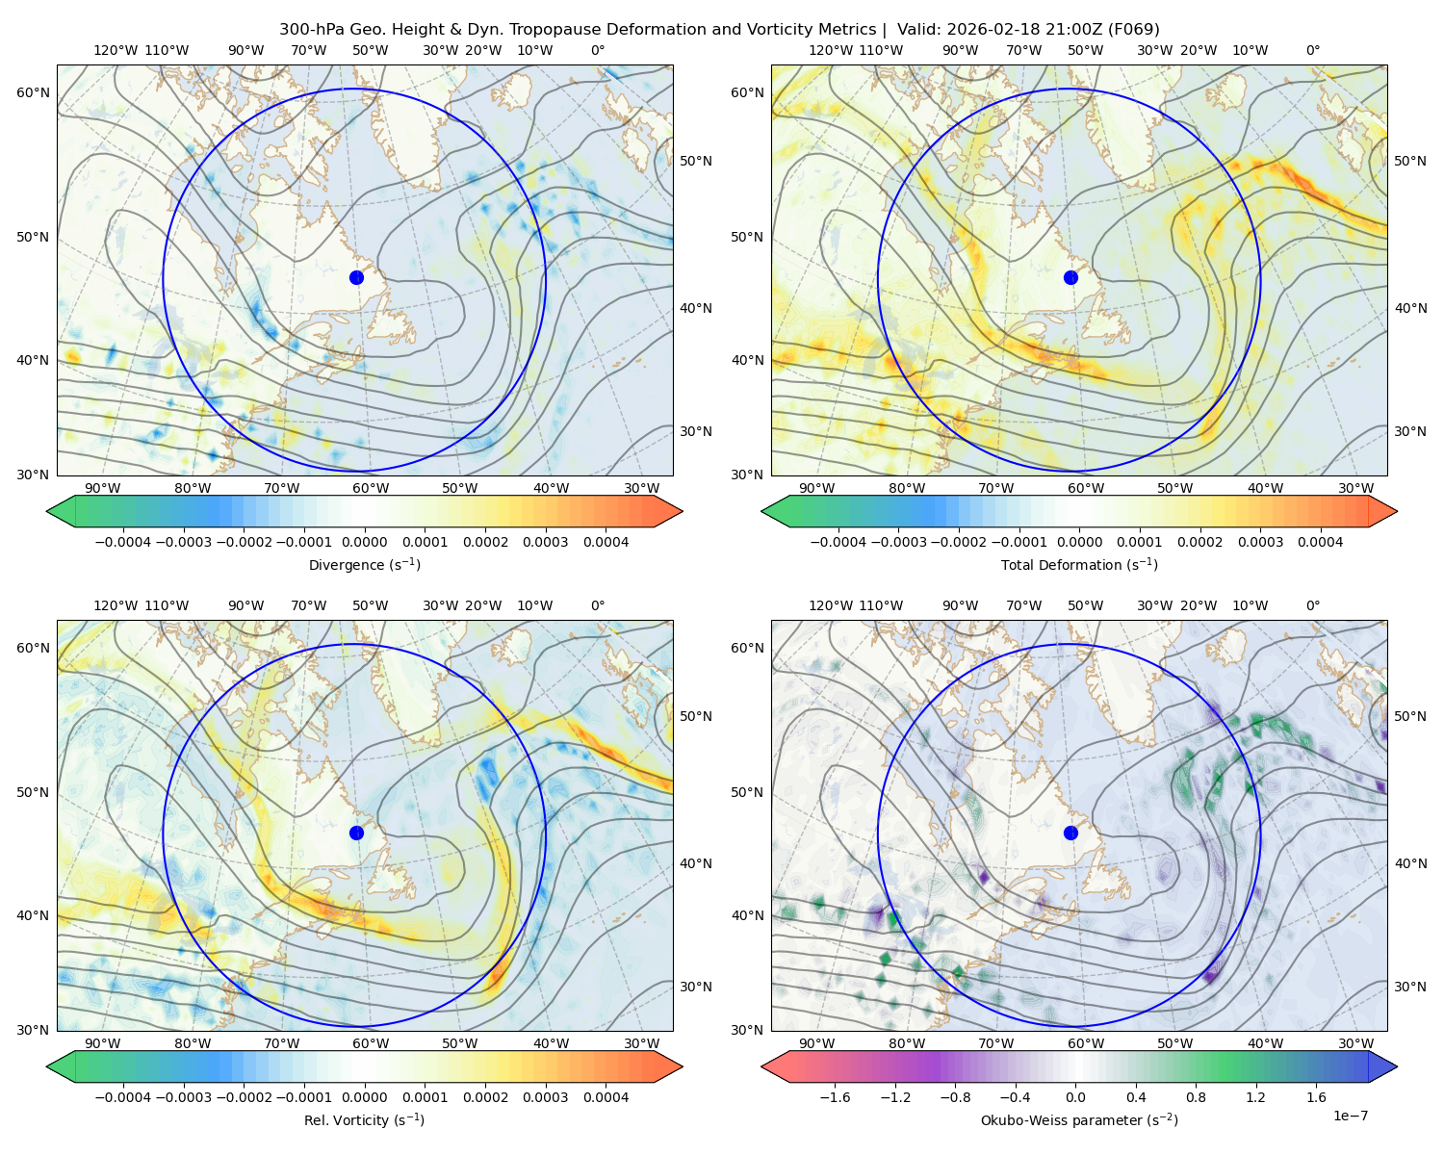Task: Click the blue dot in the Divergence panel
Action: [x=356, y=277]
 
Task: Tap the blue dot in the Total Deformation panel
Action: [x=1070, y=277]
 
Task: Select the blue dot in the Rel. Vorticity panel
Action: [x=356, y=833]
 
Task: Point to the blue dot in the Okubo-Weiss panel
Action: [x=1070, y=833]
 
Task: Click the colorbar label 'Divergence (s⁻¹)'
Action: [x=364, y=564]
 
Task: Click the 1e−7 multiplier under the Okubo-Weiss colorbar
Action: [x=1350, y=1116]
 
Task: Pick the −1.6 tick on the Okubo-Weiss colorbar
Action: [x=835, y=1097]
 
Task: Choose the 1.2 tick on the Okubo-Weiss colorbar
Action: [x=1255, y=1097]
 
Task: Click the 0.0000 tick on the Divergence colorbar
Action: [x=364, y=542]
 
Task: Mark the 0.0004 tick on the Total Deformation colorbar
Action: [x=1321, y=542]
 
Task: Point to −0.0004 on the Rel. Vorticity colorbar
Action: [x=123, y=1097]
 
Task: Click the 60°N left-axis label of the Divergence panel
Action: [x=33, y=92]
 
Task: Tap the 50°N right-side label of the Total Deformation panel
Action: [x=1410, y=161]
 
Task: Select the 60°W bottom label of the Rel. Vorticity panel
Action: [x=371, y=1043]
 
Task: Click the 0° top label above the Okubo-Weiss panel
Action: [x=1313, y=605]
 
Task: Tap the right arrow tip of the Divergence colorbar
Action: [x=683, y=511]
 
